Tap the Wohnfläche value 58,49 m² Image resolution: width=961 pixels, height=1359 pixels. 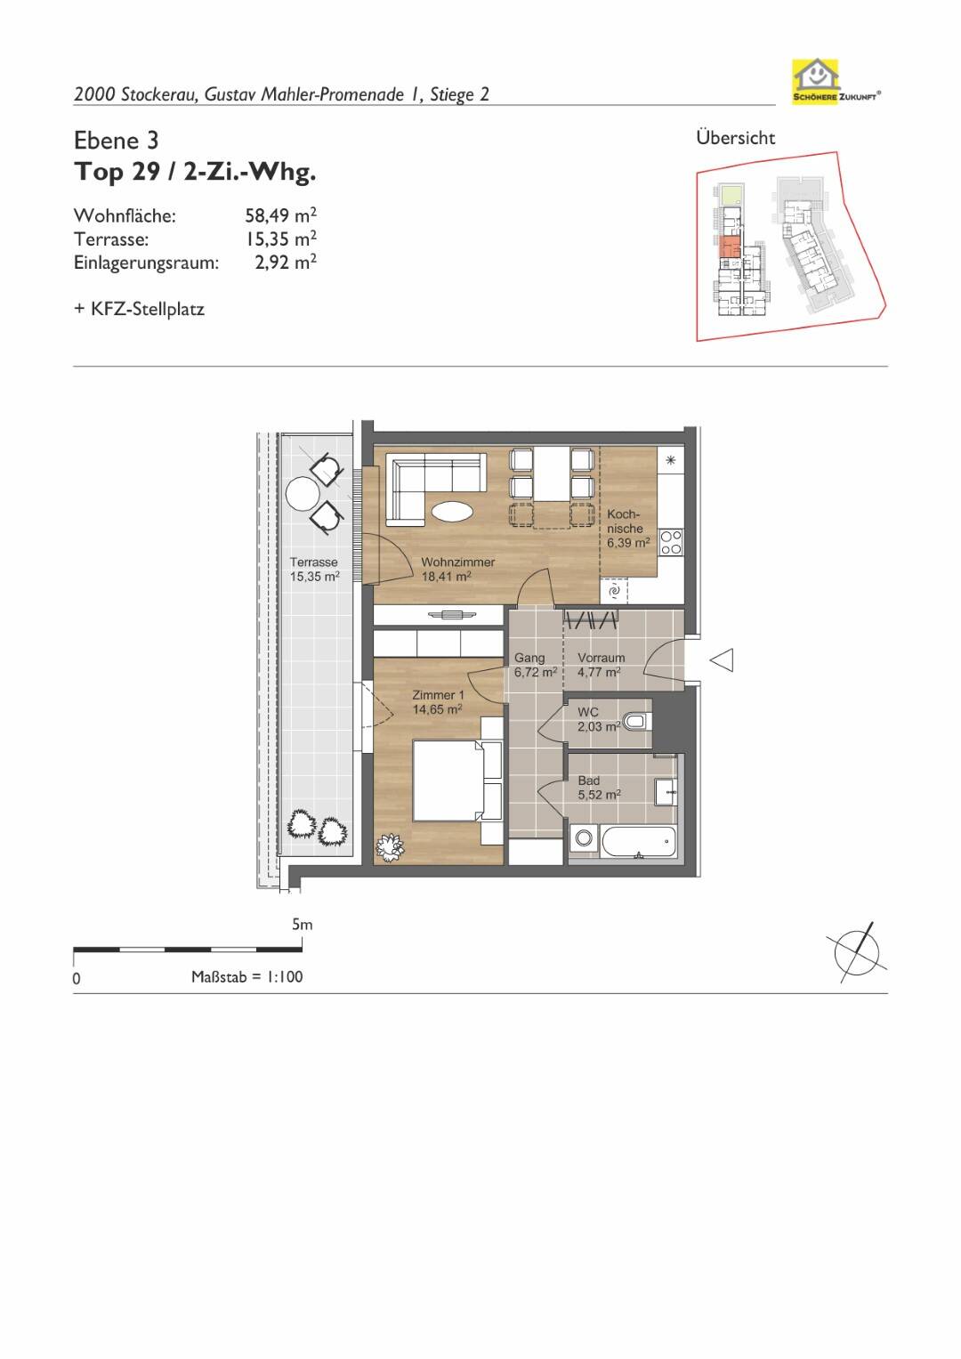pos(281,214)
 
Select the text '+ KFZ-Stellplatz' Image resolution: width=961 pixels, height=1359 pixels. pos(139,309)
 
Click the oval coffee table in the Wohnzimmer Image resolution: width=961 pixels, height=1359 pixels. pos(453,512)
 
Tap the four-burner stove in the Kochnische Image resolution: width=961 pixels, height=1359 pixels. pos(671,542)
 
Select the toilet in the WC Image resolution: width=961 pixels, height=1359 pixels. pos(639,722)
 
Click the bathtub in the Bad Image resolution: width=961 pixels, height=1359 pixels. pos(638,842)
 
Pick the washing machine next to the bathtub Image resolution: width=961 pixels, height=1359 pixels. pos(585,840)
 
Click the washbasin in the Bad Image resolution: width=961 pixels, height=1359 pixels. pos(666,792)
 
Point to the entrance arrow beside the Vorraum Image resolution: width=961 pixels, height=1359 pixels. pos(722,660)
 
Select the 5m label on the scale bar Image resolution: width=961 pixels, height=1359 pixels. pos(303,925)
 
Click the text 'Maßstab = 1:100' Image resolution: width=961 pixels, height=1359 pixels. pos(247,977)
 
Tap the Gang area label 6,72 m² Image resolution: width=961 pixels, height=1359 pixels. pos(536,672)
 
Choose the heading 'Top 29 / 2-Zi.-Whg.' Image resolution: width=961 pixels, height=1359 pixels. pos(195,173)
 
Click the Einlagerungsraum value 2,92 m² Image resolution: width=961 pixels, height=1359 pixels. pos(286,262)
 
